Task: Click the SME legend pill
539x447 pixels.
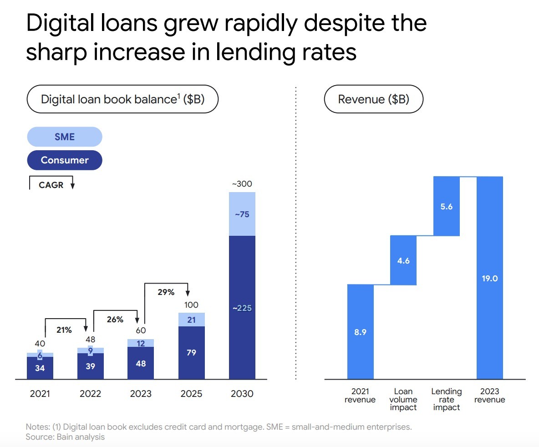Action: tap(65, 137)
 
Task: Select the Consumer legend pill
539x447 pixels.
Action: tap(65, 160)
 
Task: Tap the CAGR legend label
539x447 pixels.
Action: tap(51, 185)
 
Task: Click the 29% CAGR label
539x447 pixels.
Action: tap(166, 292)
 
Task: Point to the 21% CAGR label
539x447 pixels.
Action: tap(64, 330)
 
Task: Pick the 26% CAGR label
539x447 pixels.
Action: tap(115, 320)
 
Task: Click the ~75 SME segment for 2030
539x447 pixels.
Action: tap(242, 214)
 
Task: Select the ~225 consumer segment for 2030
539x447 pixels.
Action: tap(242, 307)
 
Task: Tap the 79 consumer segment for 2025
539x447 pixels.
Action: tap(192, 353)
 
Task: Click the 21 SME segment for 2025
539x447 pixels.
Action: tap(192, 320)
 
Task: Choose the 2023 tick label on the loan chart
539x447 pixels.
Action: tap(141, 394)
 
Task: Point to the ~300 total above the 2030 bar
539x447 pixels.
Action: tap(242, 184)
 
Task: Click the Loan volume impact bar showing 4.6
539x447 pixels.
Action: tap(403, 260)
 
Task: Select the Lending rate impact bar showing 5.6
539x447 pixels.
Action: tap(447, 206)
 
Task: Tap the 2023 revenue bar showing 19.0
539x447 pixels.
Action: tap(490, 278)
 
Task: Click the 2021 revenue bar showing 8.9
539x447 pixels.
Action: tap(360, 332)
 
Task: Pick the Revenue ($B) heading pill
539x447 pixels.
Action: tap(374, 99)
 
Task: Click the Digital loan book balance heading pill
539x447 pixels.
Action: tap(122, 99)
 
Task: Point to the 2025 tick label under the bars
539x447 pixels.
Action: tap(192, 394)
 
